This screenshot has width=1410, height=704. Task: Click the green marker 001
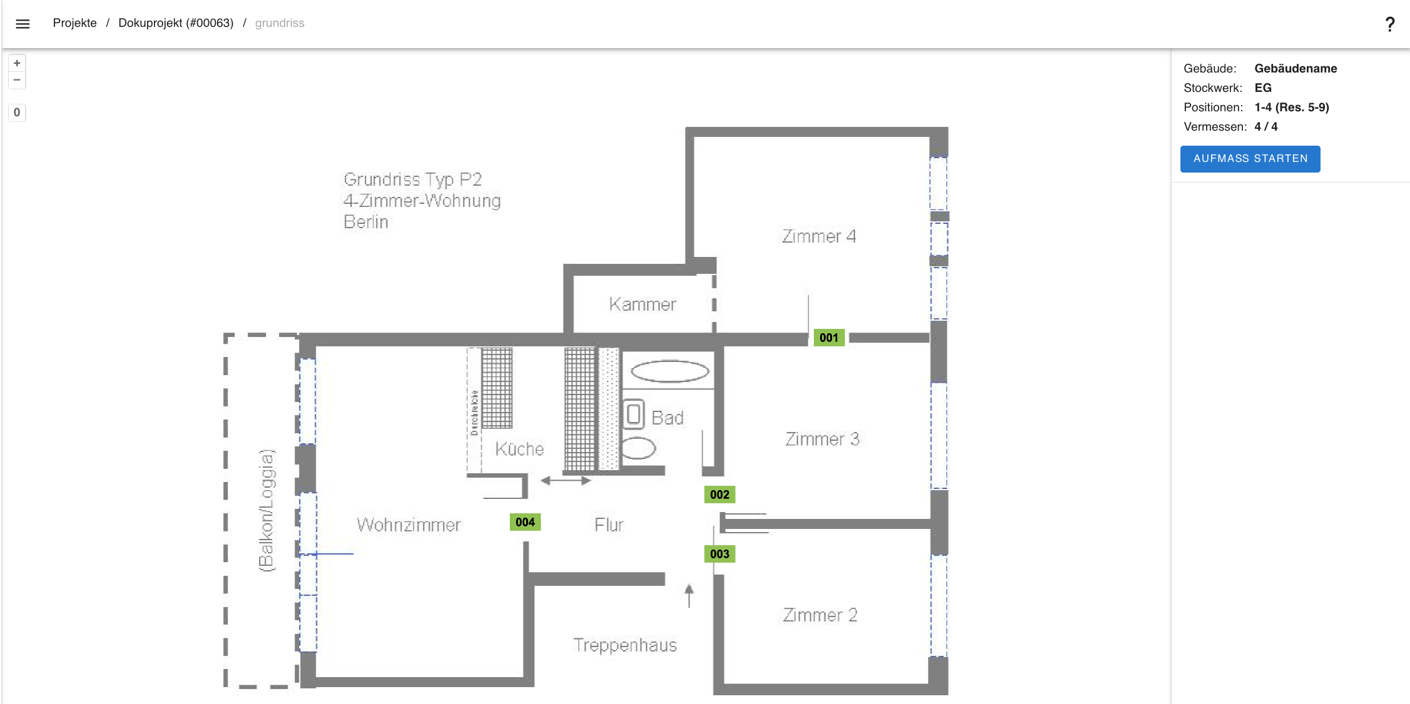829,338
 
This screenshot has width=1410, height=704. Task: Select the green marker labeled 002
719,495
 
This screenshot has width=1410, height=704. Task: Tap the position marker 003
719,554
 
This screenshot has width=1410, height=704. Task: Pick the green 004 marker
525,522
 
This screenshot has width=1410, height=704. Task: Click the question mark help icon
1389,24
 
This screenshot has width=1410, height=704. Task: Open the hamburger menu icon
23,24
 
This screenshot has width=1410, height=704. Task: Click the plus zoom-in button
17,63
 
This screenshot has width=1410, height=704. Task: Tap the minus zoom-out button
17,80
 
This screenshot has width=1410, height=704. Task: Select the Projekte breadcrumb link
74,23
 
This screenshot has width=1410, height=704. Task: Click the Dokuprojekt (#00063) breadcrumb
176,23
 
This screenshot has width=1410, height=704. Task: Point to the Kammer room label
642,304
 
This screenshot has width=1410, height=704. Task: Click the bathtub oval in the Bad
669,371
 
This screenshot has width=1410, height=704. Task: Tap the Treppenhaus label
625,645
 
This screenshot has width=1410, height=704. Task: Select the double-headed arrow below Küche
566,481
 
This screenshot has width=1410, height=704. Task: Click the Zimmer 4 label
818,236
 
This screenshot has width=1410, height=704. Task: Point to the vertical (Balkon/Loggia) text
266,510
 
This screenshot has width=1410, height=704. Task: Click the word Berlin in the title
366,222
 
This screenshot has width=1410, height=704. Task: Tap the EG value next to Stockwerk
1262,88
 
